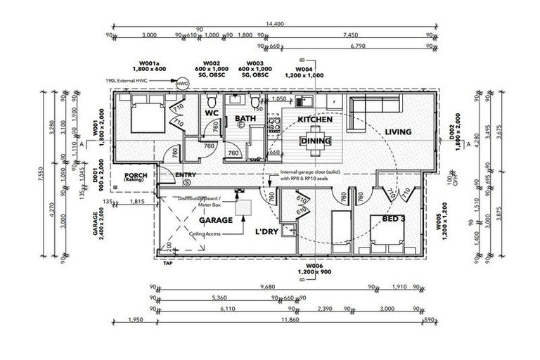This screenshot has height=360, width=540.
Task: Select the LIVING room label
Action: [x=397, y=131]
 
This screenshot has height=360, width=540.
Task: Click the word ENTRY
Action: [x=185, y=175]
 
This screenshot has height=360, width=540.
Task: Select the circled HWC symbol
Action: [x=183, y=82]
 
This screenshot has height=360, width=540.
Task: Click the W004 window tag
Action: [x=303, y=69]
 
